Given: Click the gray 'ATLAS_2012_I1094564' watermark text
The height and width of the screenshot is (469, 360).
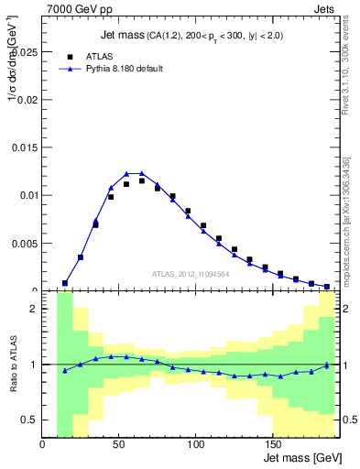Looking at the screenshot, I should pyautogui.click(x=191, y=273).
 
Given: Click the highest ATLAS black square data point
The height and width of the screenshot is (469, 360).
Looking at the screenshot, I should pyautogui.click(x=142, y=181).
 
